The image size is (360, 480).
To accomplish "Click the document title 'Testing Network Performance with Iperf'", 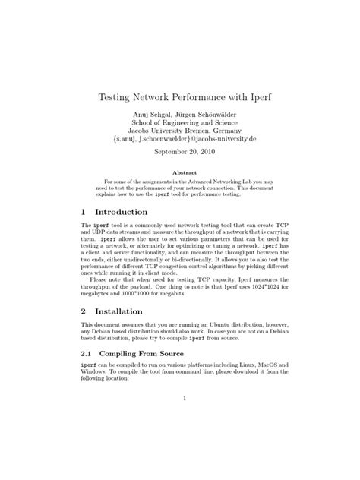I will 179,98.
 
